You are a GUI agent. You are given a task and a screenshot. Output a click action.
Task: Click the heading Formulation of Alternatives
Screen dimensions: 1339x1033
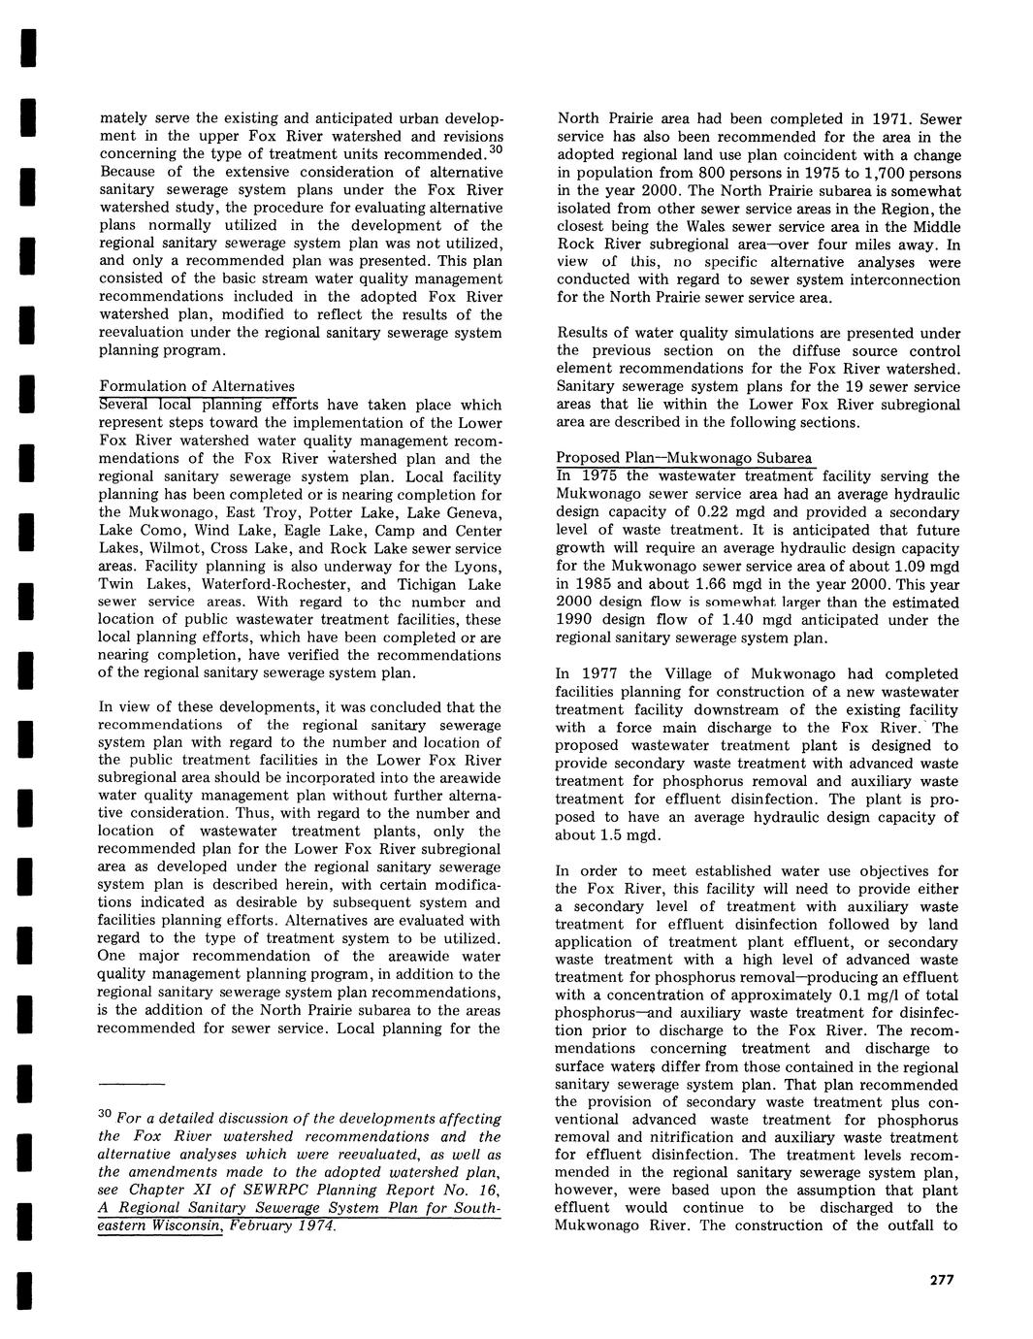pyautogui.click(x=197, y=386)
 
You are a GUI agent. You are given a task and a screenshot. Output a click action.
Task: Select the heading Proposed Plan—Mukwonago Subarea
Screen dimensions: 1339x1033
pyautogui.click(x=684, y=458)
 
